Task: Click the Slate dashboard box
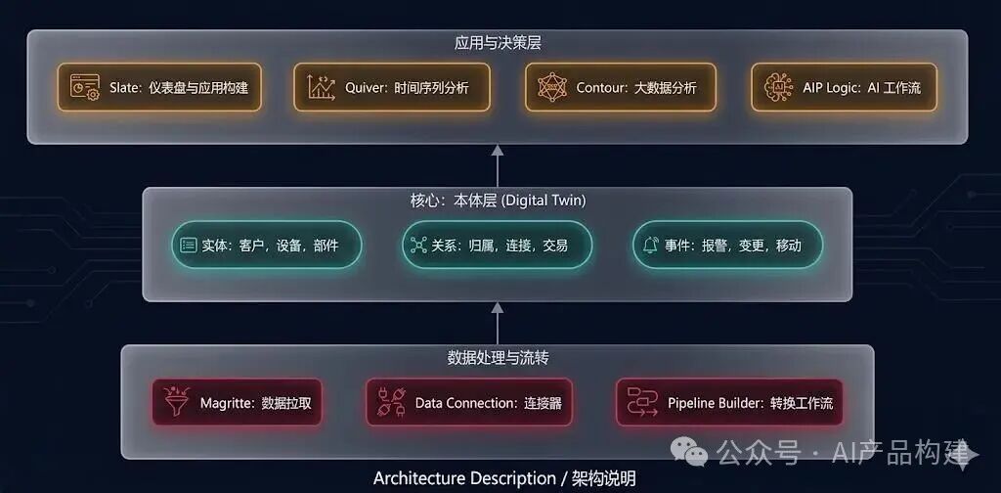(x=159, y=87)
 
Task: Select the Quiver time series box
(x=391, y=87)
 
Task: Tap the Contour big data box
(x=620, y=87)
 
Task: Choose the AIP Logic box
(x=843, y=87)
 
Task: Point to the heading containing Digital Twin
(x=497, y=200)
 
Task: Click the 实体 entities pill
(x=266, y=245)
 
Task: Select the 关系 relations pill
(x=497, y=245)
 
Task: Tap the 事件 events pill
(x=727, y=245)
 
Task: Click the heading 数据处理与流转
(x=498, y=357)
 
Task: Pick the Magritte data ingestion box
(x=237, y=402)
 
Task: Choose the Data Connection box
(x=468, y=402)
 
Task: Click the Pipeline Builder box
(x=728, y=402)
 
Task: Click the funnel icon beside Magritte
(x=177, y=401)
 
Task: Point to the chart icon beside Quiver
(x=321, y=87)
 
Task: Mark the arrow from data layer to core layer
(x=498, y=322)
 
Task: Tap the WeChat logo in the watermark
(x=695, y=452)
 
